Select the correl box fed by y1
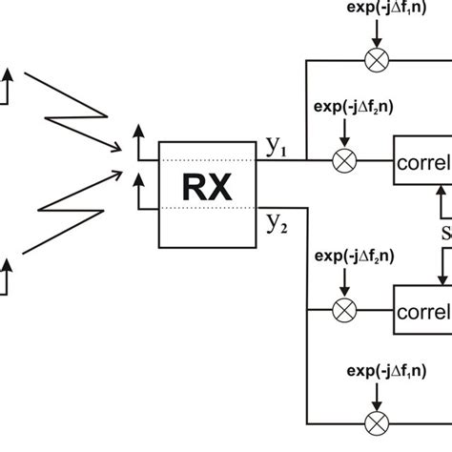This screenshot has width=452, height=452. coord(422,161)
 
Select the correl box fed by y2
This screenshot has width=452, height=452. coord(422,311)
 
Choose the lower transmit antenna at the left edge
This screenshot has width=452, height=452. coord(8,278)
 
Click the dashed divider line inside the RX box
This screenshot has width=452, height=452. coord(207,160)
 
